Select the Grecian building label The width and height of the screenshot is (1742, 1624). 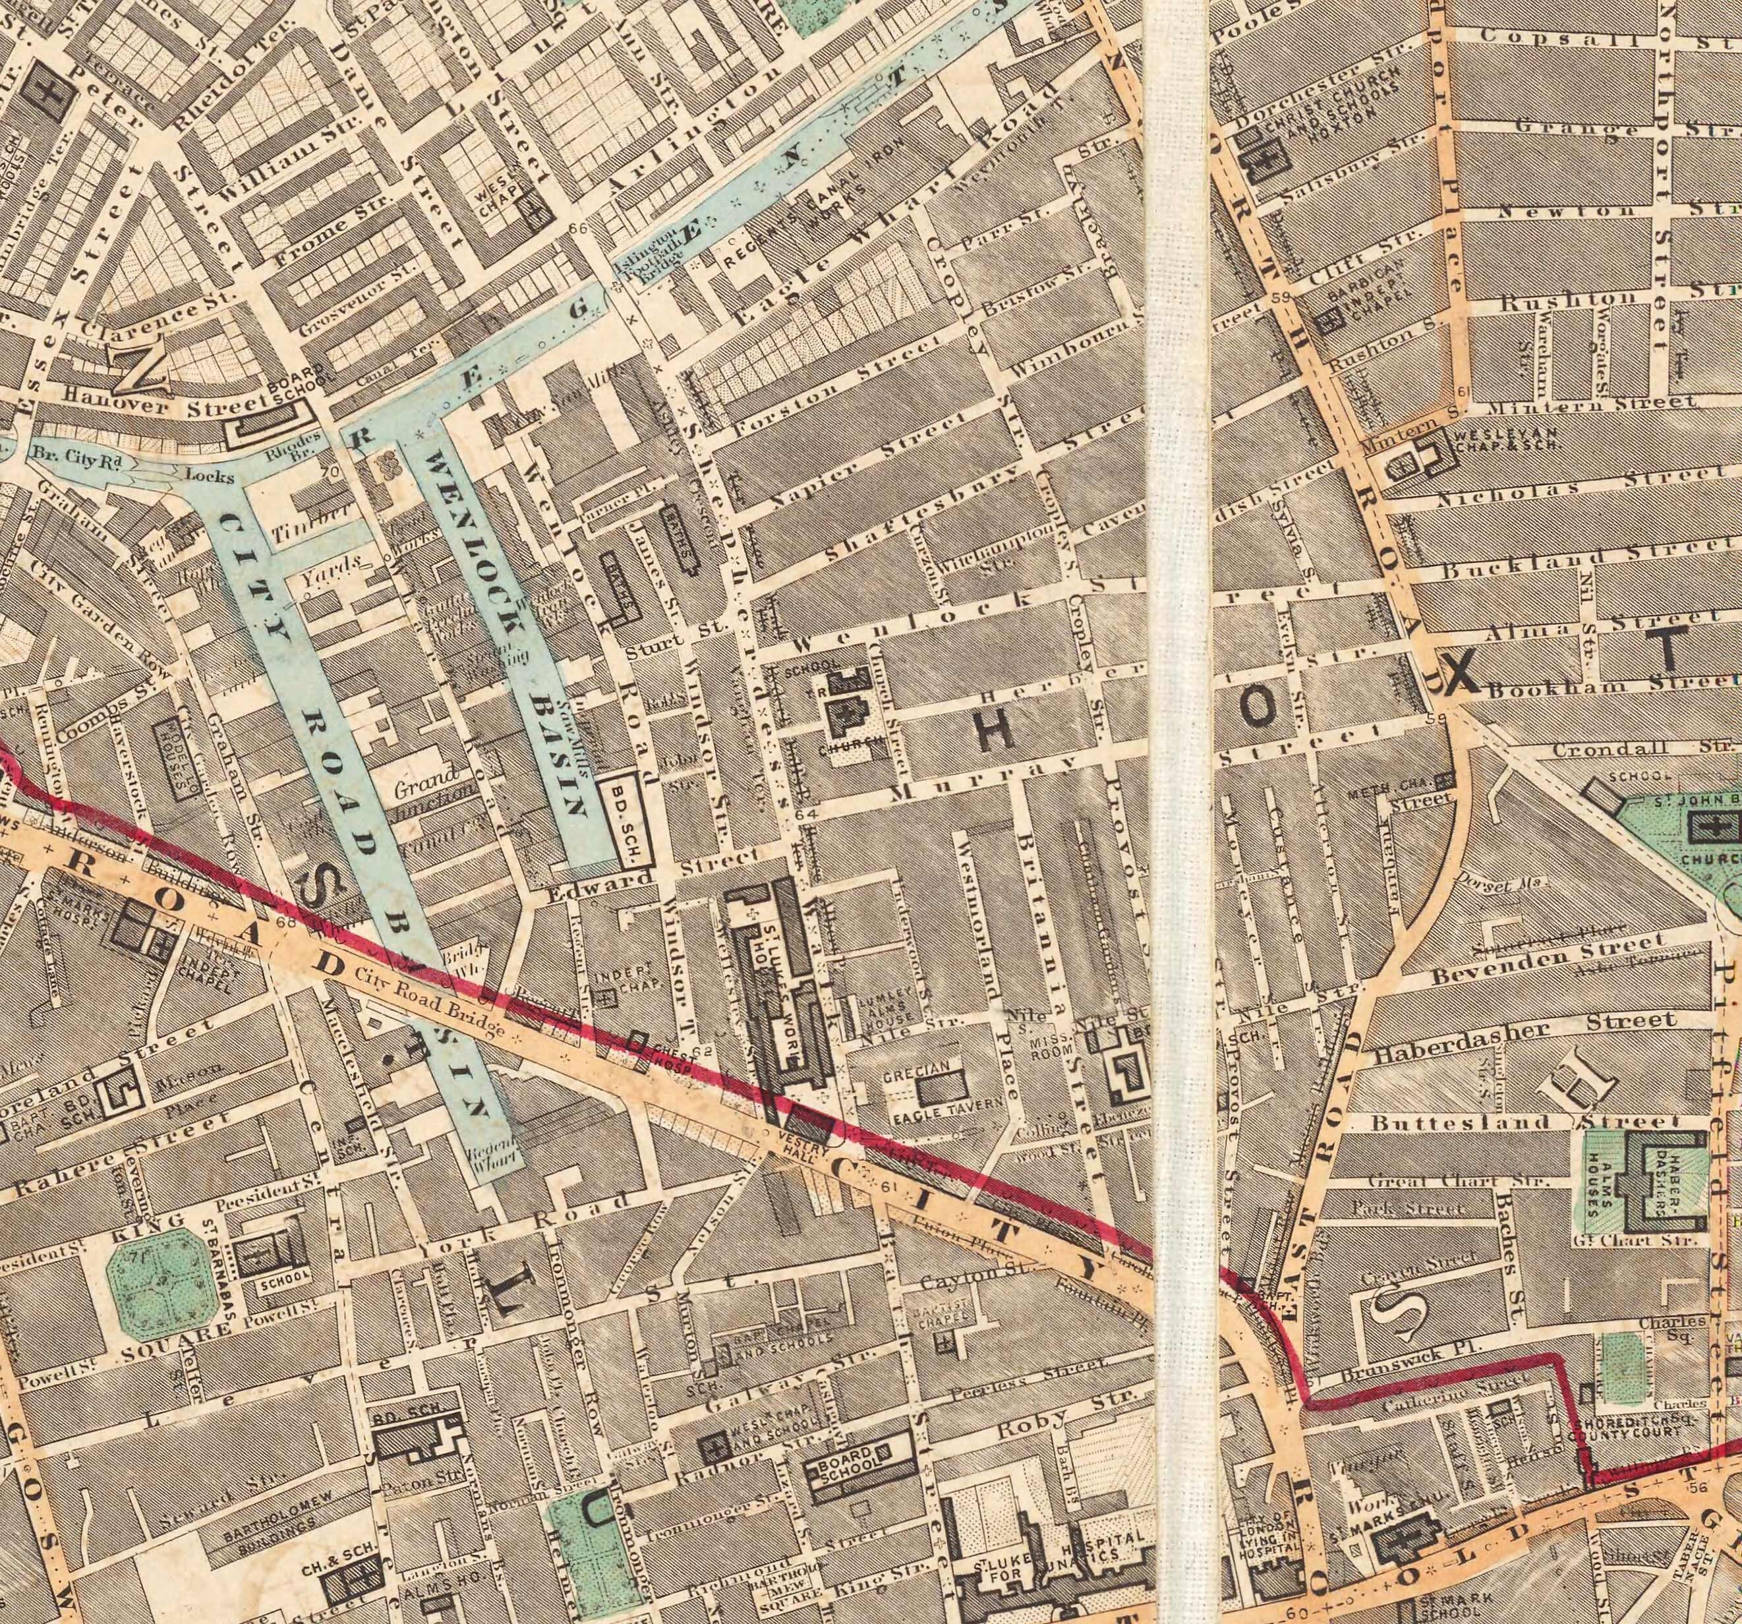point(917,1070)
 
